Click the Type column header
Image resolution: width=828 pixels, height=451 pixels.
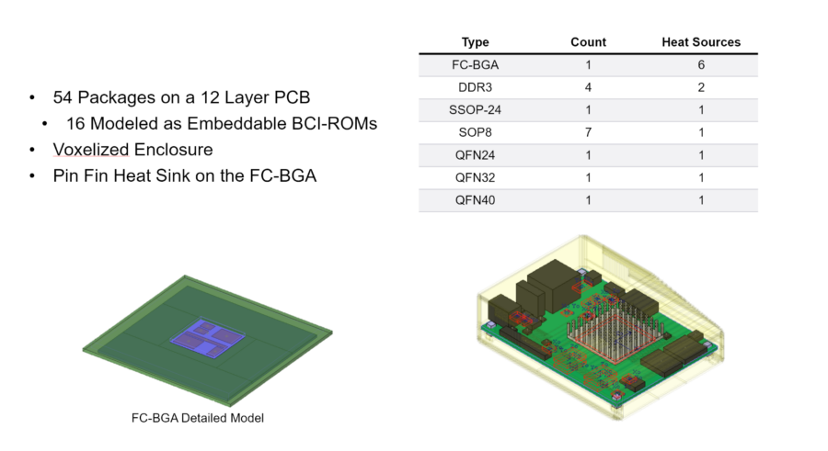click(x=476, y=42)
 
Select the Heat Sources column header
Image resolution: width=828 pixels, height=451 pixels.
click(x=701, y=42)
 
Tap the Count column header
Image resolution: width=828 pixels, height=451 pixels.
click(x=588, y=42)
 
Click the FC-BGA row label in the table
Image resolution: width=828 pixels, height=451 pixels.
click(x=476, y=66)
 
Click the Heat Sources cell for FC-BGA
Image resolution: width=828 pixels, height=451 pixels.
click(x=701, y=66)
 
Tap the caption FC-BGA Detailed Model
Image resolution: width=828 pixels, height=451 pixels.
click(x=198, y=418)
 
